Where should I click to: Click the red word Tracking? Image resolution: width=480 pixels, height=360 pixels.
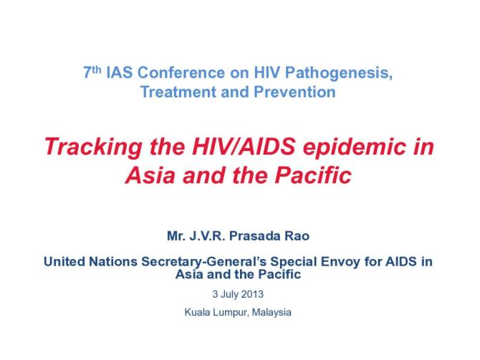(x=89, y=147)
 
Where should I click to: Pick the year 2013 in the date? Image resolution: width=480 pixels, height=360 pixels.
(x=255, y=294)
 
